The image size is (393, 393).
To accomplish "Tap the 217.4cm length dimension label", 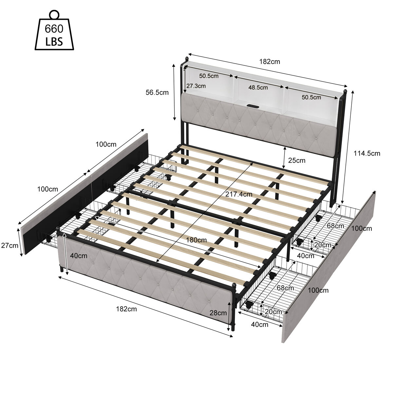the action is tap(239, 194).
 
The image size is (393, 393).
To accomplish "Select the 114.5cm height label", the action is tap(367, 153).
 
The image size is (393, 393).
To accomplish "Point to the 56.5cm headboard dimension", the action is tap(157, 93).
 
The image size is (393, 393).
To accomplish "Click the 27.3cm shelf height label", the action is tap(196, 86).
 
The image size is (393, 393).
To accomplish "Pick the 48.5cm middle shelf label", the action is tap(258, 87).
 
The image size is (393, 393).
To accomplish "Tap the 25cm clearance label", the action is tap(296, 160).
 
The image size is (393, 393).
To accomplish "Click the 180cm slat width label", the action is tap(196, 240).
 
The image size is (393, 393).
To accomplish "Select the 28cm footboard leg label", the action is tap(218, 313).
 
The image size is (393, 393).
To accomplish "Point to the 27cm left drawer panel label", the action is tap(9, 246).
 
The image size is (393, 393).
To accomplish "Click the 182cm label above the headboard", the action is tap(270, 62).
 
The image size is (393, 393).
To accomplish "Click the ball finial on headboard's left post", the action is tap(186, 59).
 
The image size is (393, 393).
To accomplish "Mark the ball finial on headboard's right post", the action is tap(345, 91).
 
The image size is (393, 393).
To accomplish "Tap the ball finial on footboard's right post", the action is tap(234, 285).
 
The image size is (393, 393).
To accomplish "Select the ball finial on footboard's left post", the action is tap(58, 228).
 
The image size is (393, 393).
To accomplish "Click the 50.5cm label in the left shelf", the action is tap(209, 76).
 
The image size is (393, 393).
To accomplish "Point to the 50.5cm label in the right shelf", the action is tap(311, 98).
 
